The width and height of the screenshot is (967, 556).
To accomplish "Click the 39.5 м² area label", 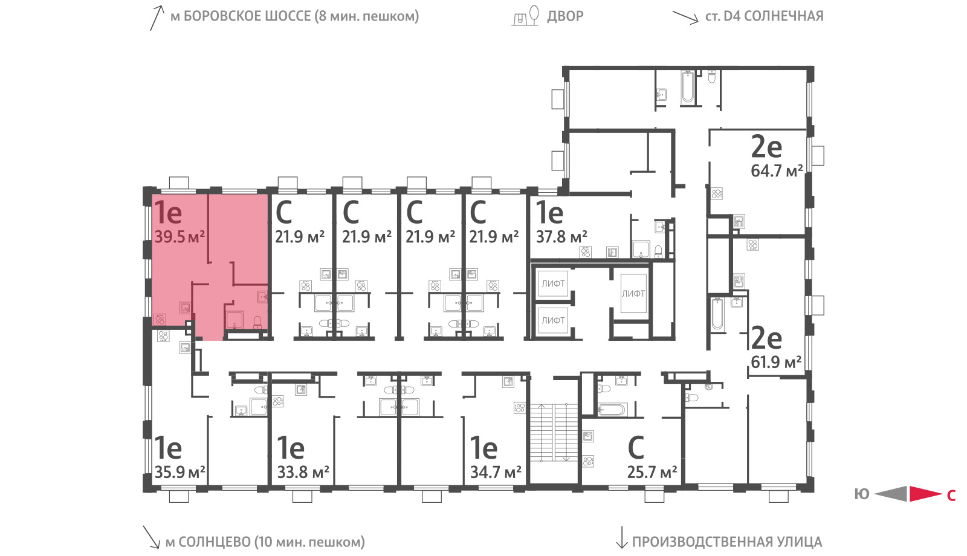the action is tap(179, 237).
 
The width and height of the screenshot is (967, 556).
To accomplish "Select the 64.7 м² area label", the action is tap(777, 171).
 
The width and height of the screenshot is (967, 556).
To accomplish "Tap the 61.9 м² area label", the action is tap(776, 362).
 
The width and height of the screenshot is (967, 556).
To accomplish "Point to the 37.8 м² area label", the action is tap(561, 237).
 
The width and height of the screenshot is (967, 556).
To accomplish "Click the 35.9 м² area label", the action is tap(179, 472).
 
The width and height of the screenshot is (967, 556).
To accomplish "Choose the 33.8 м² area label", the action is tap(303, 472).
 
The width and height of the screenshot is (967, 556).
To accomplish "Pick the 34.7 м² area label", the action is tap(496, 472).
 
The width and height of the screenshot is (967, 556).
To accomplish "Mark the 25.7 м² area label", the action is tap(652, 472).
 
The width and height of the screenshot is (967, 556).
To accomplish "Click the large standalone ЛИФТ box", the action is tap(633, 294).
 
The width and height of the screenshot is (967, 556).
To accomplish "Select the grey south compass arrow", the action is tap(891, 494).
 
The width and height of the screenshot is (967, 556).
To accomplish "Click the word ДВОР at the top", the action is tap(565, 16).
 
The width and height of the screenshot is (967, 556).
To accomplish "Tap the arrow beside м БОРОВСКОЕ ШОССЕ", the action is tap(157, 18).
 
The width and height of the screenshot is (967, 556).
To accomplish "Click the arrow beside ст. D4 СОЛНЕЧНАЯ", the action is tap(685, 18).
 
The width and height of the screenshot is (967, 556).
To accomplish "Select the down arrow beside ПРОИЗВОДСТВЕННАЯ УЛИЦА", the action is tap(621, 537).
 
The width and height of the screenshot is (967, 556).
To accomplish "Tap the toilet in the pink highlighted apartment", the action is tap(257, 323).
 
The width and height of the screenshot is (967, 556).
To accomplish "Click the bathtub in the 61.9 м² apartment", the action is tap(717, 314).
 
